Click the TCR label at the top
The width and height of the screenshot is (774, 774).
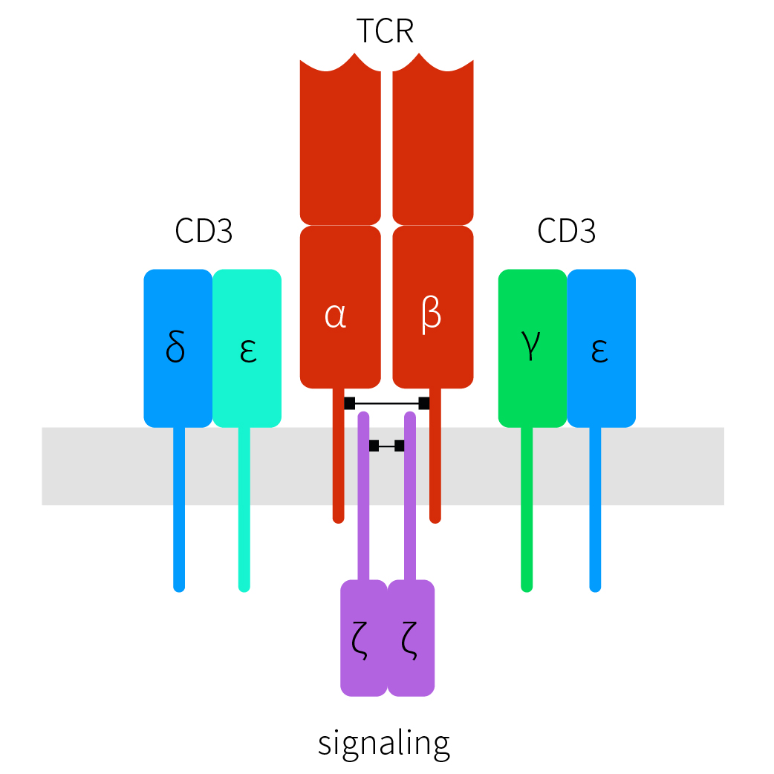(385, 31)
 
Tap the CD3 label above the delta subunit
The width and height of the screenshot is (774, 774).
(204, 232)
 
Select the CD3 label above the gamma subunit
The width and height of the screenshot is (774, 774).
(566, 232)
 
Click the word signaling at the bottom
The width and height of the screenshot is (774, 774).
(384, 742)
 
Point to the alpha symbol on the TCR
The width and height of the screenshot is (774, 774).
(336, 316)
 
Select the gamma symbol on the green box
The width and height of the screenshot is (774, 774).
(530, 347)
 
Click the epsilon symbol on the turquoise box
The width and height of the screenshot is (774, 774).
(248, 351)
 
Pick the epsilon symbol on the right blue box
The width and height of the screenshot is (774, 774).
(599, 351)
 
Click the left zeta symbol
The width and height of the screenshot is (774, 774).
(362, 640)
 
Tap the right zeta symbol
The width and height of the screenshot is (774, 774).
(409, 640)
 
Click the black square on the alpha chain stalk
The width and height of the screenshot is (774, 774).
(349, 403)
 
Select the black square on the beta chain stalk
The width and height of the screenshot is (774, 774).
(424, 403)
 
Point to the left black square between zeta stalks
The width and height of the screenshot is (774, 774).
(374, 446)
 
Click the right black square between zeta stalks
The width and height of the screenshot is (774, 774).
(400, 446)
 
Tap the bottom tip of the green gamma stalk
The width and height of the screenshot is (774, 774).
(527, 587)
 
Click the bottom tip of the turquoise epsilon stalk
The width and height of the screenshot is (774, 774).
(244, 587)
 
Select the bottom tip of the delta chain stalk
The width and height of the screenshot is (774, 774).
(178, 587)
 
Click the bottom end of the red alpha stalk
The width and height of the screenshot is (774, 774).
(338, 517)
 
